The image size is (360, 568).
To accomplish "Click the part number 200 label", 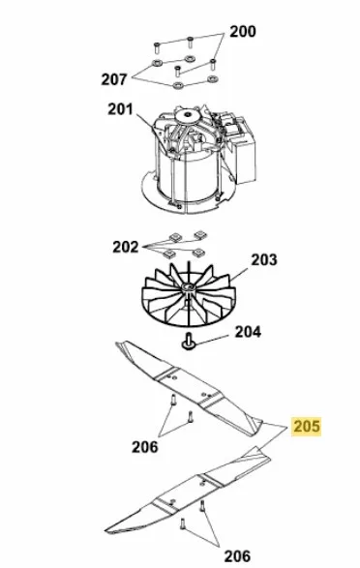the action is (x=243, y=32).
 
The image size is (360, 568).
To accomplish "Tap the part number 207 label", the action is (x=114, y=79).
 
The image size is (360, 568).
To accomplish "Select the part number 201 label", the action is (x=120, y=109).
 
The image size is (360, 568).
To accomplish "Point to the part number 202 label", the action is (x=125, y=247).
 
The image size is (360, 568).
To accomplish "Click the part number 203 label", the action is (x=264, y=259).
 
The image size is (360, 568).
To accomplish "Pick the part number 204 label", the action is (x=248, y=332).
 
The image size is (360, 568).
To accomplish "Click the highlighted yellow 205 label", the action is (x=307, y=427).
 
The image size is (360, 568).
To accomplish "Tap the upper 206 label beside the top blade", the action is (x=144, y=447).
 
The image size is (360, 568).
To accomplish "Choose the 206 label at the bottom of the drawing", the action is (x=237, y=556).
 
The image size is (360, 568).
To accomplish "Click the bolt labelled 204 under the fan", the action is (x=189, y=342).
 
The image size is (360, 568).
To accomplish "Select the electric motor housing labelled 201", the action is (x=198, y=159).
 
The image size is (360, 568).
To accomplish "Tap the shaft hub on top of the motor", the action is (x=187, y=116).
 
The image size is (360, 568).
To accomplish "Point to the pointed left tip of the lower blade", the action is (x=105, y=530).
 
